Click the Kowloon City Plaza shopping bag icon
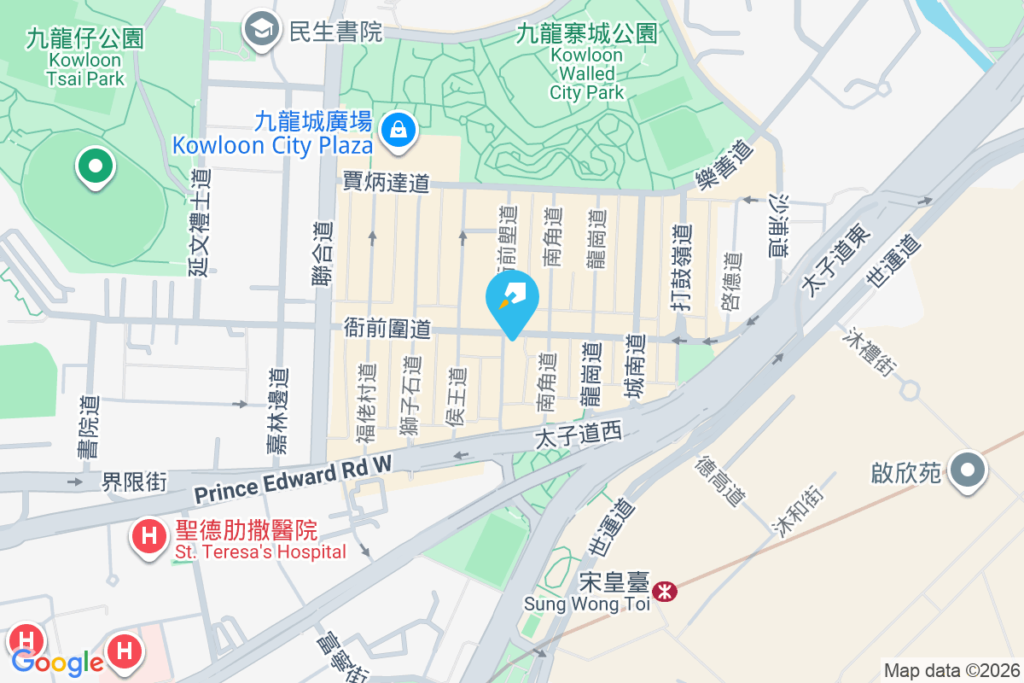pos(398,130)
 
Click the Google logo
pos(58,662)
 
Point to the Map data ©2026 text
pos(951,670)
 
